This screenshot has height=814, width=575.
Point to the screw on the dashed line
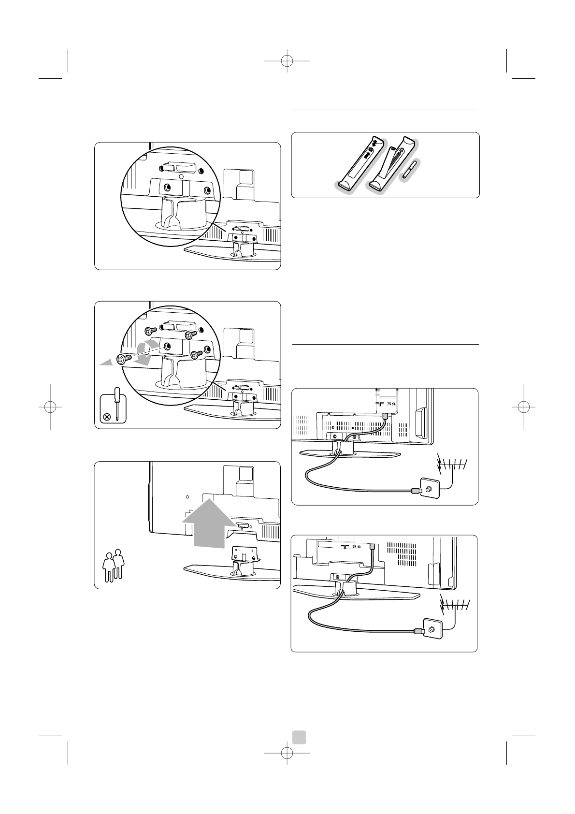coord(123,359)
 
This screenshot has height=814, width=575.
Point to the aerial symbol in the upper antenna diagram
coord(451,466)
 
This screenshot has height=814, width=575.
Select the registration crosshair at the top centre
coord(287,61)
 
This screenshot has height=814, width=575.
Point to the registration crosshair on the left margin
coord(50,407)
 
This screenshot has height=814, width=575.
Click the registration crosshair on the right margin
coord(524,407)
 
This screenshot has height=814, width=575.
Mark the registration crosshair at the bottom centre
coord(287,753)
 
